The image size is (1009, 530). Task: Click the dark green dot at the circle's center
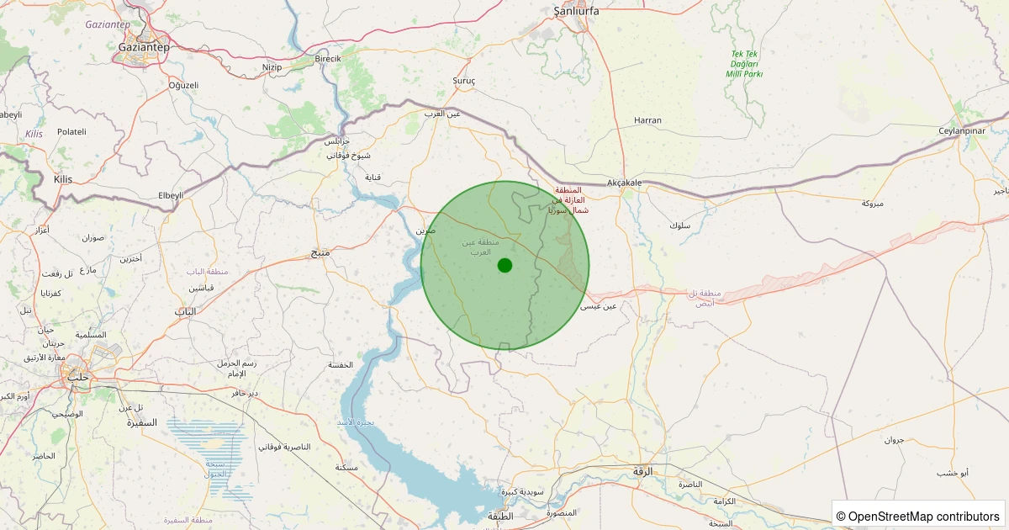[504, 265]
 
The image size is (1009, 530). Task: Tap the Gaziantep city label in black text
[143, 47]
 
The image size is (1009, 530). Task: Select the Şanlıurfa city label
[576, 11]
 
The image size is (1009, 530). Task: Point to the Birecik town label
[327, 59]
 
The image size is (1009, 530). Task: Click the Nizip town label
[272, 67]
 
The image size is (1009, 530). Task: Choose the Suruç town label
[464, 81]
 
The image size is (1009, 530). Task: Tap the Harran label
[647, 120]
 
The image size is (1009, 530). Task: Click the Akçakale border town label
[624, 183]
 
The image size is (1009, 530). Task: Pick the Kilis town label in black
[63, 180]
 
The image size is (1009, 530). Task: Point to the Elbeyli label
[170, 195]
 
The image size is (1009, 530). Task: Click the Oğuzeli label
[183, 85]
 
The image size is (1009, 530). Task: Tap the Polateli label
[71, 132]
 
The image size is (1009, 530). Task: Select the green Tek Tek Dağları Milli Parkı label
[744, 64]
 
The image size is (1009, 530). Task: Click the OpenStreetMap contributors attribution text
[918, 516]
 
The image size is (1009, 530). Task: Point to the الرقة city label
[642, 472]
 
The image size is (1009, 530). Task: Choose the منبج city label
[320, 252]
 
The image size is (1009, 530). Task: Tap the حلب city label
[77, 376]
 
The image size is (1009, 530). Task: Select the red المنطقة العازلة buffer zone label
[569, 200]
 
